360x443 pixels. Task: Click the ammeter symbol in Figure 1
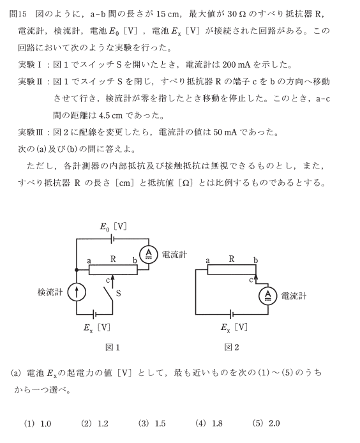coord(149,255)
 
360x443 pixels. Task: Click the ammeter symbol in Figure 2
coord(267,296)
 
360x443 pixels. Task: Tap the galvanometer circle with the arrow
coord(77,292)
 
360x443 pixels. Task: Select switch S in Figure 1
coord(109,295)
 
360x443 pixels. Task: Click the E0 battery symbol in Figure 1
coord(113,239)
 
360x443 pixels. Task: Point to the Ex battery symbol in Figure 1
coord(95,314)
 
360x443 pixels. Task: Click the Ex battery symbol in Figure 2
coord(232,314)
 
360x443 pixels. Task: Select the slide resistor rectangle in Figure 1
coord(113,270)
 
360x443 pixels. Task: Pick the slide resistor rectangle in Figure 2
coord(232,269)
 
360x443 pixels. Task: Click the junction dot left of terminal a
coord(77,270)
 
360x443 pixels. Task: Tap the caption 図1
coord(112,347)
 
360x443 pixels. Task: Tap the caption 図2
coord(232,347)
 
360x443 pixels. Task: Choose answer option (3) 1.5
coord(152,423)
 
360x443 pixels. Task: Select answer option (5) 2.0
coord(266,423)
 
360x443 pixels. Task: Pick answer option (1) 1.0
coord(38,423)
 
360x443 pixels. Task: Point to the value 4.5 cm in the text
coord(111,116)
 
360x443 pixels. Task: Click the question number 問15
coord(18,14)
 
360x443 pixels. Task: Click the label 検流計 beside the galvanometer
coord(50,292)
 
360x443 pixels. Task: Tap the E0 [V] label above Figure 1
coord(113,227)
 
